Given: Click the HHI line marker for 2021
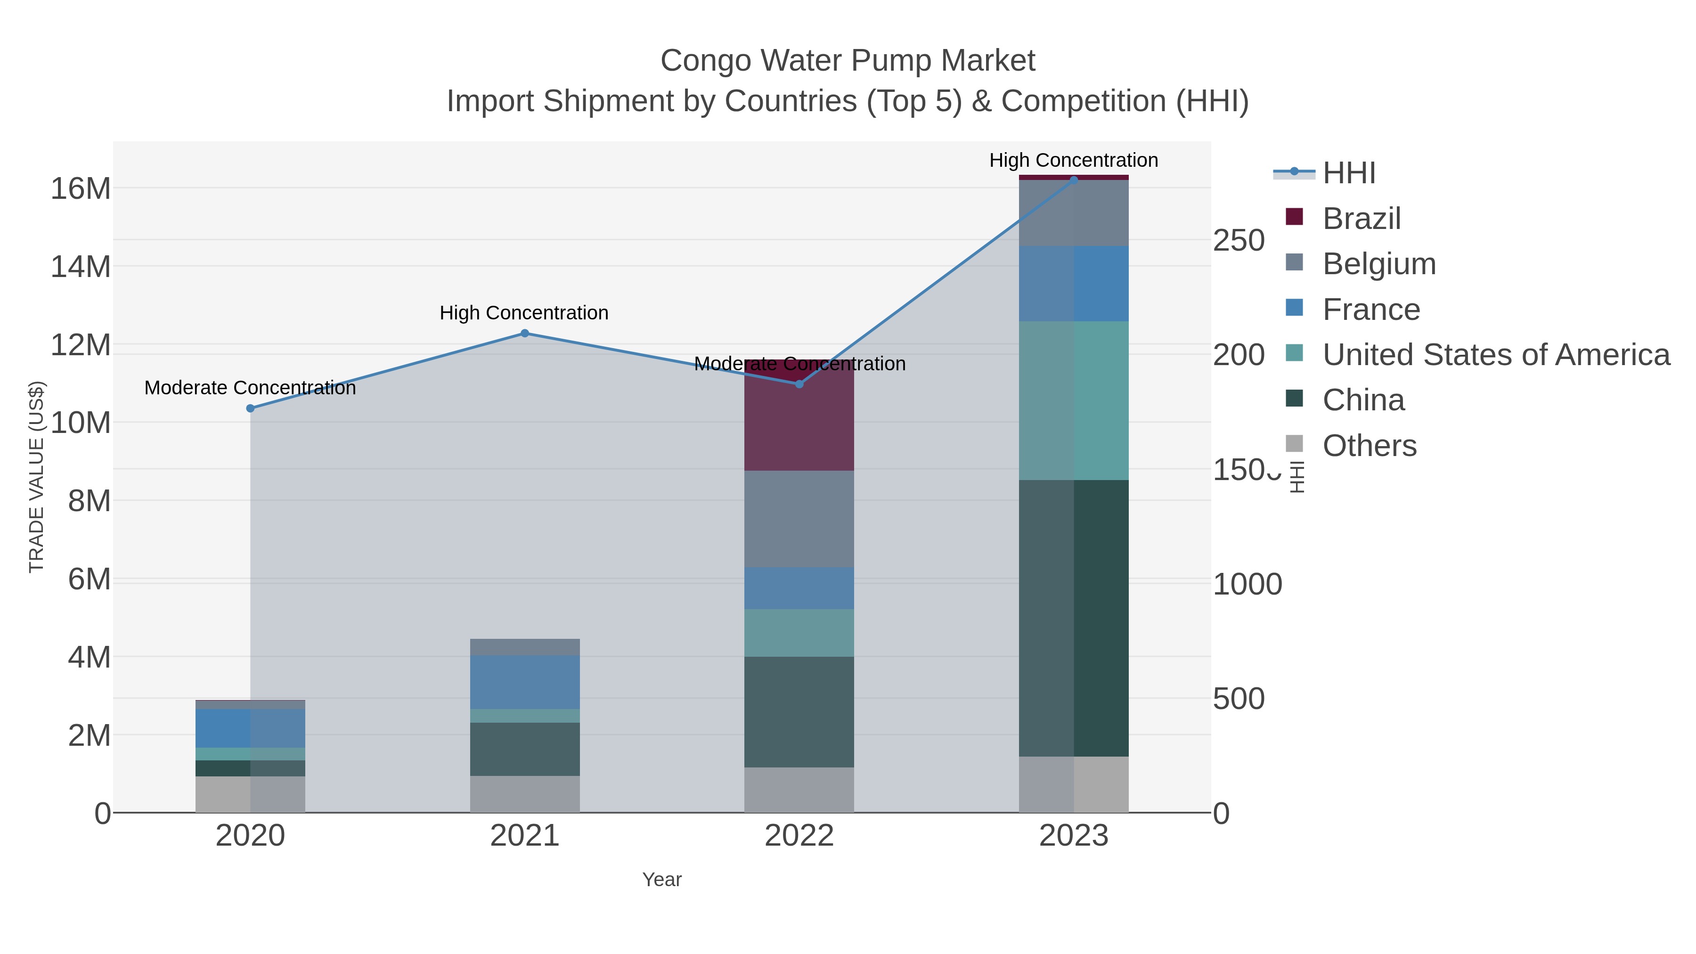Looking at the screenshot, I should (525, 333).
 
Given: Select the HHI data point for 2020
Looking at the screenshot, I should (250, 408).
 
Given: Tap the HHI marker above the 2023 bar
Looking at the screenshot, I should (1074, 180).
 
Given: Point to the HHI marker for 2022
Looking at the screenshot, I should (799, 384).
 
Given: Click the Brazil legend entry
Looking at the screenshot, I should (1361, 219).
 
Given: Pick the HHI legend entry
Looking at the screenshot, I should (1348, 173).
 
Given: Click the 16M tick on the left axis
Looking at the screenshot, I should (80, 189).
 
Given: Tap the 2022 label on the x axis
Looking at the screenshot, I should (799, 836).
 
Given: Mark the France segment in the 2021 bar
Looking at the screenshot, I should (525, 682).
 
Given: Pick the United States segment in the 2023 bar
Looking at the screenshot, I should (1074, 400).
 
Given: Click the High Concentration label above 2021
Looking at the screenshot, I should (524, 313).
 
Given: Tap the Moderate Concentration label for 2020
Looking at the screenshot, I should (250, 388).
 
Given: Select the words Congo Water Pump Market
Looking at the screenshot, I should (848, 61).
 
